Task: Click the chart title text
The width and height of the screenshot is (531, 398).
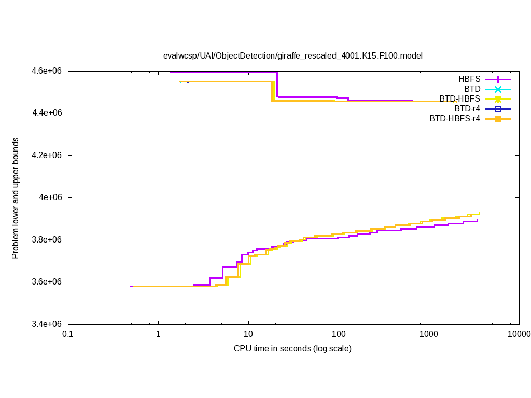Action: point(293,55)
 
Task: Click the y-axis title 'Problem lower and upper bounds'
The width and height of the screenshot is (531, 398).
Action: point(16,198)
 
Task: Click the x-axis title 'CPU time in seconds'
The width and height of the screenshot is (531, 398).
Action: point(292,348)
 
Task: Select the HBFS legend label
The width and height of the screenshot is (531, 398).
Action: point(469,79)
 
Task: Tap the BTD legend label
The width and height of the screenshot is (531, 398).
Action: point(472,89)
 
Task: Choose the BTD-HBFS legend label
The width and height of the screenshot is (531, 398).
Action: point(459,99)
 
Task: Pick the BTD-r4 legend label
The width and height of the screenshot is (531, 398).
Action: point(467,109)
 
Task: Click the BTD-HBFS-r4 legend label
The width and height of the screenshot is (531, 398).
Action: point(455,119)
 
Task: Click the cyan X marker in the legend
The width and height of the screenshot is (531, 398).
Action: point(497,89)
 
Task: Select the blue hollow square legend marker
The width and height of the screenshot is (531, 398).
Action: point(497,109)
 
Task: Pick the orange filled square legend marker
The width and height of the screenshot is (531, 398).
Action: point(497,119)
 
